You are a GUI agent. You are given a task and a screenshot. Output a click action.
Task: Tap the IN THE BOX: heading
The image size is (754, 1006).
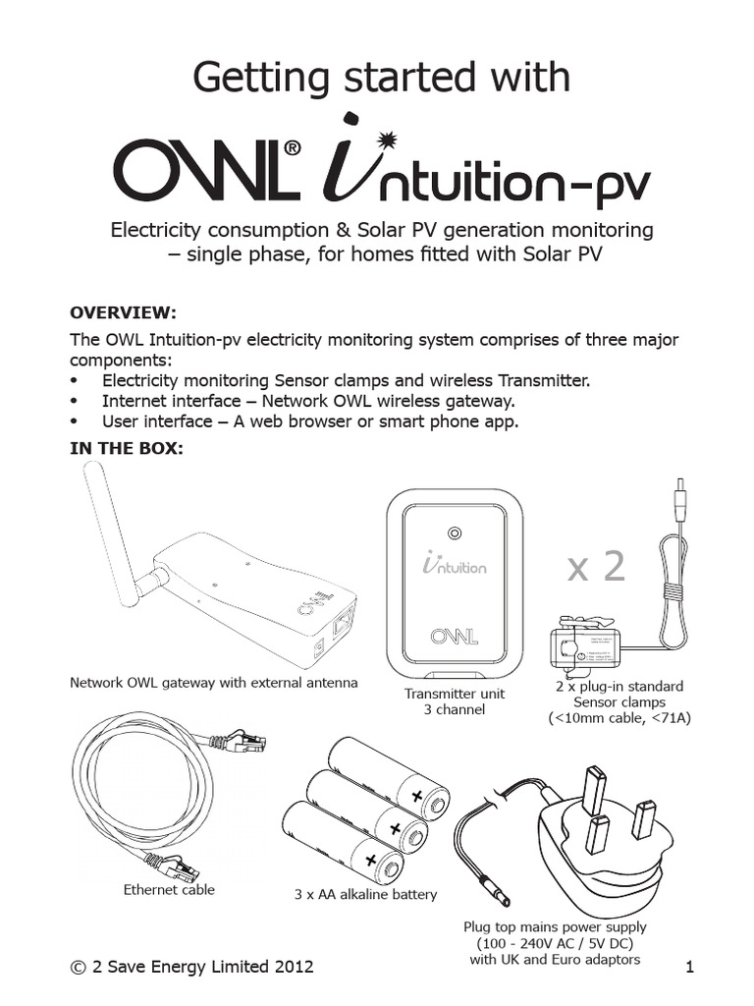(x=126, y=449)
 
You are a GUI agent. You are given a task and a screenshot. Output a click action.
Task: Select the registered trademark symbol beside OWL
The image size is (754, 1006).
(x=292, y=148)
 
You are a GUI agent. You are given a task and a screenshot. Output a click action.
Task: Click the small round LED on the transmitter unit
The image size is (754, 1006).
(x=454, y=534)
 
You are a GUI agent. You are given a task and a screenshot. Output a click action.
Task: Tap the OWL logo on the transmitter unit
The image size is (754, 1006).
(x=454, y=636)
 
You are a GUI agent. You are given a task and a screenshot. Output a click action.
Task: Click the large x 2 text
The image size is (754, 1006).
(x=595, y=566)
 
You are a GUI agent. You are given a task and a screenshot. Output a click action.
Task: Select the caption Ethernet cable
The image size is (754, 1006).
(x=169, y=890)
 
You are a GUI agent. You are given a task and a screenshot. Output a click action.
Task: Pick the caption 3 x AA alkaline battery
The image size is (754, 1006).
(x=365, y=895)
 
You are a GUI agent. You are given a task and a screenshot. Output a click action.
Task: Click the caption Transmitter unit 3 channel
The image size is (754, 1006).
(x=454, y=700)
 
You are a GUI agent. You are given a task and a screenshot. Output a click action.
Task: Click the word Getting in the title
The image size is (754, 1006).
(x=252, y=77)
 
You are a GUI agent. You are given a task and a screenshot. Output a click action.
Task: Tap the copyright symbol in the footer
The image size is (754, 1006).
(x=78, y=967)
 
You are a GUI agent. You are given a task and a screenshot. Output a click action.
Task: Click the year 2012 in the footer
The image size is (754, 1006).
(x=293, y=967)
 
